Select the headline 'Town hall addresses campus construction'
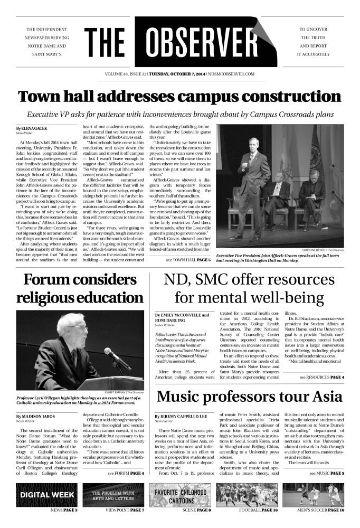[x=179, y=97]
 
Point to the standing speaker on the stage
[x=255, y=185]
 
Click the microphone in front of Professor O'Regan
[x=117, y=359]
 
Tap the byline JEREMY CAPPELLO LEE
[x=181, y=431]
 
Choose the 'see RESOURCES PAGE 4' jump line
[x=321, y=378]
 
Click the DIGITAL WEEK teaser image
[x=46, y=495]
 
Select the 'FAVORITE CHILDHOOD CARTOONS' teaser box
[x=181, y=495]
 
